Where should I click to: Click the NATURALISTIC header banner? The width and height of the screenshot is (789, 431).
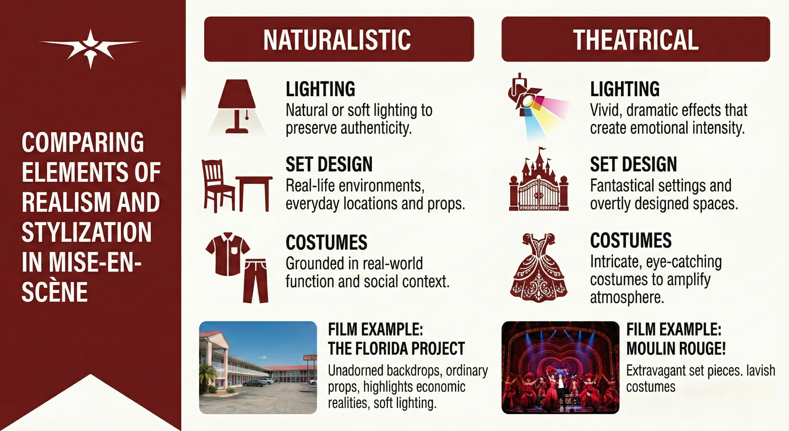pyautogui.click(x=339, y=39)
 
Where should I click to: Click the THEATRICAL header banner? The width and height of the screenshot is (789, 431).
pyautogui.click(x=635, y=39)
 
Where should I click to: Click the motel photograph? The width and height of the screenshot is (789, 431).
pyautogui.click(x=258, y=368)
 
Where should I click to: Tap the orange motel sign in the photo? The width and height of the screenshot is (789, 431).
pyautogui.click(x=310, y=358)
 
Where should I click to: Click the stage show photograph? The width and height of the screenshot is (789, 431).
pyautogui.click(x=560, y=368)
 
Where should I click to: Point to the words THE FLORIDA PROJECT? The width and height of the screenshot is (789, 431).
pyautogui.click(x=396, y=349)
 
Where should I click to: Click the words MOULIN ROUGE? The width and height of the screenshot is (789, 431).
pyautogui.click(x=676, y=349)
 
